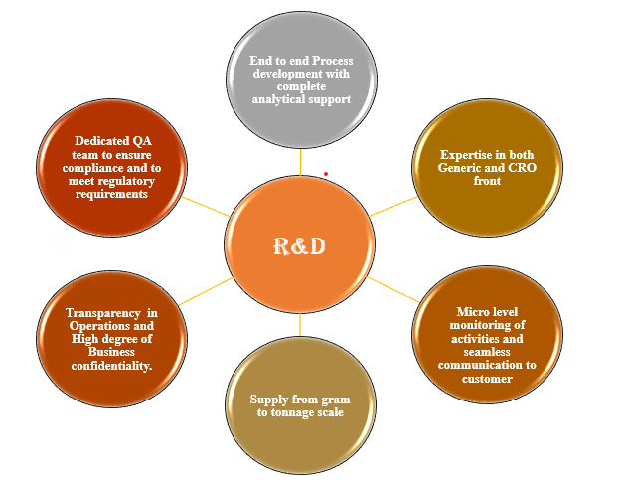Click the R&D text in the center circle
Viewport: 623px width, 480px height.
point(299,246)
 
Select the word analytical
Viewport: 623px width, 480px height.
point(282,100)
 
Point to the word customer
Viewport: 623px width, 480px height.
point(488,378)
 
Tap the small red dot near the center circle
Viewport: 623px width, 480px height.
point(325,175)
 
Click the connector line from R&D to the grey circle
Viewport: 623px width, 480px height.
point(300,161)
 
